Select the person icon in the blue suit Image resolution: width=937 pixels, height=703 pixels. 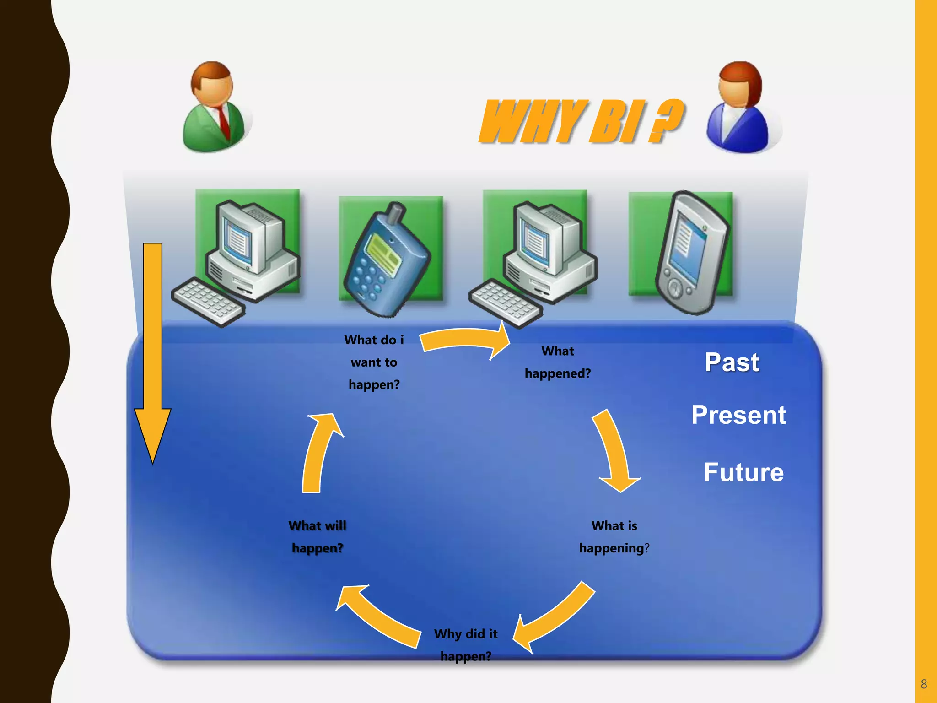(x=739, y=109)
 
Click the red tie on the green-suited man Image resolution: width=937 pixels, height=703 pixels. (x=224, y=121)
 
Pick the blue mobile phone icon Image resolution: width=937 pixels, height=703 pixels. (x=387, y=261)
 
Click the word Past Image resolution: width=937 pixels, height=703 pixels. (x=732, y=362)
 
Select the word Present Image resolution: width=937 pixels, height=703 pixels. (x=738, y=415)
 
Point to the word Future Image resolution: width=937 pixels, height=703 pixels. (x=743, y=472)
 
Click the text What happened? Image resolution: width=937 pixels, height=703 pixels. (x=557, y=362)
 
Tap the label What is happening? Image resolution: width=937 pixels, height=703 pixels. (x=614, y=537)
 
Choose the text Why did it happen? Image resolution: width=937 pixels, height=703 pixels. (x=466, y=645)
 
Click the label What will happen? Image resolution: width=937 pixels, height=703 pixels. (x=317, y=537)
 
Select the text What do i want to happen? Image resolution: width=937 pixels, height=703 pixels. (x=374, y=362)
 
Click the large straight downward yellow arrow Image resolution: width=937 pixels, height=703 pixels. (x=152, y=348)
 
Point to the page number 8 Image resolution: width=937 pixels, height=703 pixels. (x=923, y=684)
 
